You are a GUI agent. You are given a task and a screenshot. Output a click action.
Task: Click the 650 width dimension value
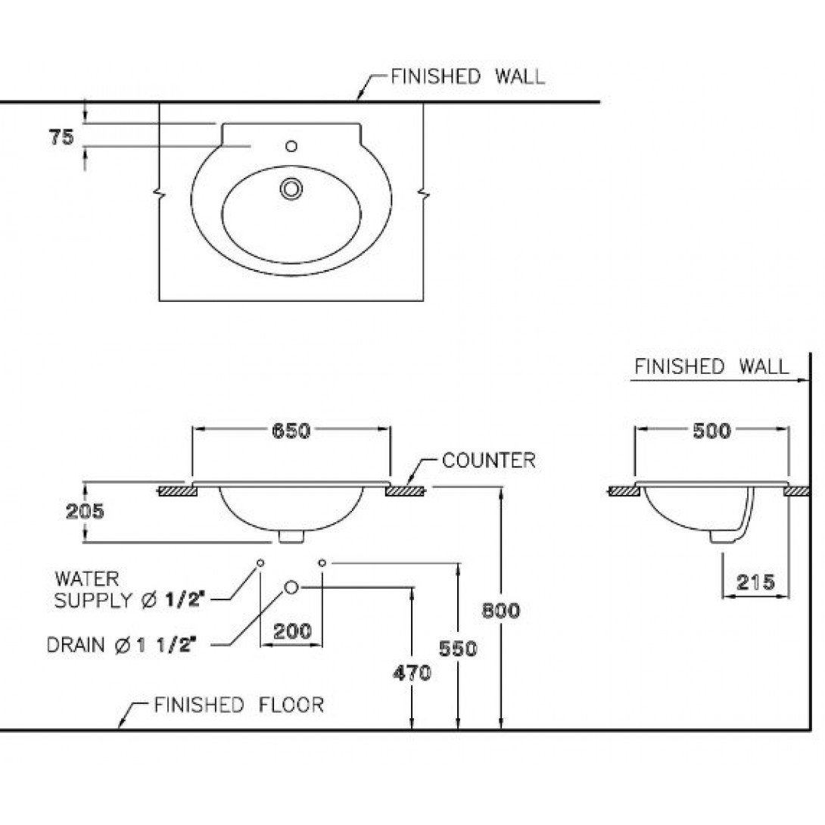click(291, 431)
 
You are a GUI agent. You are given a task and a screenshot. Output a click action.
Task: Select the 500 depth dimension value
click(712, 431)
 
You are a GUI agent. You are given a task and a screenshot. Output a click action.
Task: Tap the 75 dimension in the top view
click(61, 137)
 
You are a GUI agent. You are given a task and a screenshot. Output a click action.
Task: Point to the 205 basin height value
click(85, 511)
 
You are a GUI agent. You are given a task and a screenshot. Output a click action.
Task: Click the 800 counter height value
click(501, 610)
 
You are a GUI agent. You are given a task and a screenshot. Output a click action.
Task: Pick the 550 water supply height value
click(458, 649)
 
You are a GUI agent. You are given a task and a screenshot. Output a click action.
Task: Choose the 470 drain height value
click(412, 672)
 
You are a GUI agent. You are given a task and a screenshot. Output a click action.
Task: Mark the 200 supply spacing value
click(293, 630)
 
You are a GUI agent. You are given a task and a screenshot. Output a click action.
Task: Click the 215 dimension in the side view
click(755, 582)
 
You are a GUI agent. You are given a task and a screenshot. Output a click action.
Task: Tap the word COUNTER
click(489, 460)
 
